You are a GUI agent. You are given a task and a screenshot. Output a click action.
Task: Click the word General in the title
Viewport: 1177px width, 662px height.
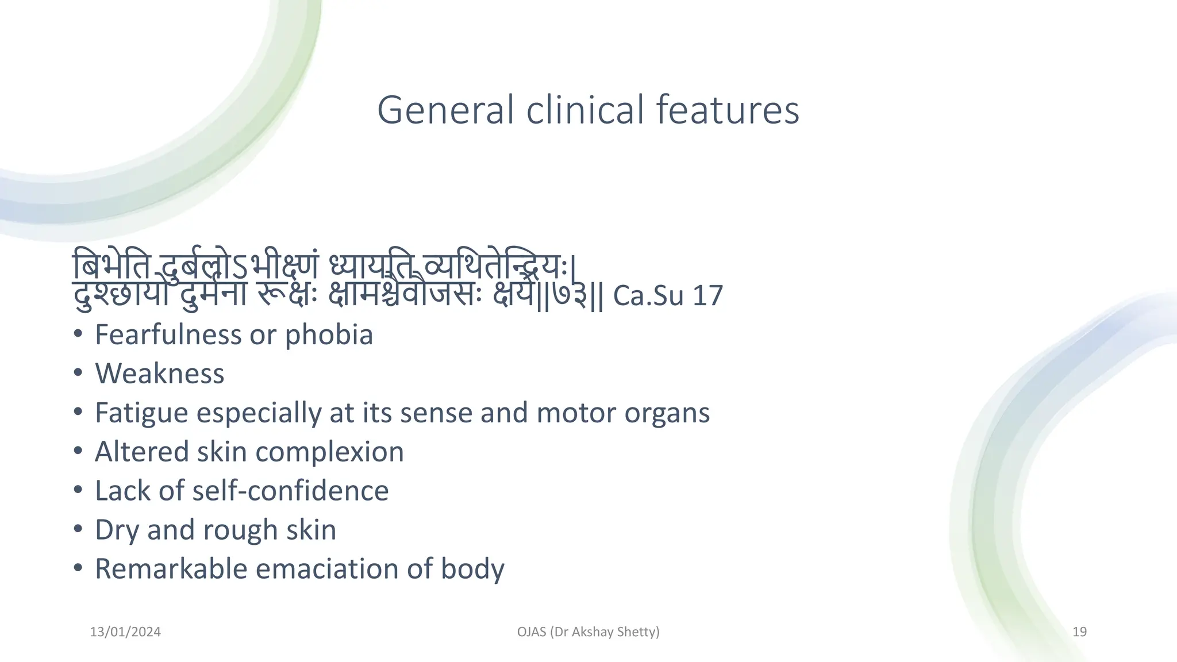point(445,110)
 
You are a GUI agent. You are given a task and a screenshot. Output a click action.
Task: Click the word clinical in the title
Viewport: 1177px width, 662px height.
point(584,110)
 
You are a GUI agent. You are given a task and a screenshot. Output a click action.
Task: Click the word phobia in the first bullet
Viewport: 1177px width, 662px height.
point(329,335)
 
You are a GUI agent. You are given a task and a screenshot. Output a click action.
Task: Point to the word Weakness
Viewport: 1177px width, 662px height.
point(159,374)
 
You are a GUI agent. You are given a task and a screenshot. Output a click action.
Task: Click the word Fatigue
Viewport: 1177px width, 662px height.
point(141,413)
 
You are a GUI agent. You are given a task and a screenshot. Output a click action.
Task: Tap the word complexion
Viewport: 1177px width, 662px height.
point(329,452)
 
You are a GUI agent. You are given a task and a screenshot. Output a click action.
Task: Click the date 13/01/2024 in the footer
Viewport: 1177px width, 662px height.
point(125,632)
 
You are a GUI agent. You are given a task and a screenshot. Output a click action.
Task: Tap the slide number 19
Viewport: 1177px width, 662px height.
point(1079,632)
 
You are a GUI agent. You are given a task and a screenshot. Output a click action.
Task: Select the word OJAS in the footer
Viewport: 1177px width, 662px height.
point(532,632)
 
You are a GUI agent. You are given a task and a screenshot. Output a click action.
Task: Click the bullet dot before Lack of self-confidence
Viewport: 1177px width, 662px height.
point(78,490)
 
